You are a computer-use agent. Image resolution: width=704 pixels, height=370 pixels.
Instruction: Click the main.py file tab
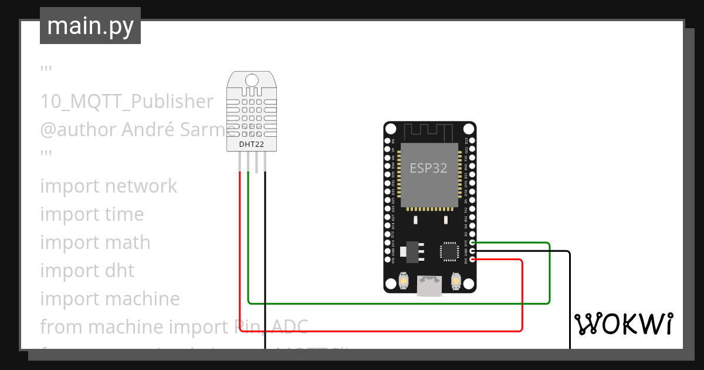point(90,26)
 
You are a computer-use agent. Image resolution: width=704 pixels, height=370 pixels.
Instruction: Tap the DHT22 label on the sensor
point(251,144)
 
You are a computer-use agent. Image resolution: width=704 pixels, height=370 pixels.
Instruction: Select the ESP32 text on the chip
point(428,168)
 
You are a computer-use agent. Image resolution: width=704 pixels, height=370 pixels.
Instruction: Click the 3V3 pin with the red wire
point(472,260)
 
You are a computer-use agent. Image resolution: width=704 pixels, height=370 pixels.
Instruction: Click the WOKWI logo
point(623,324)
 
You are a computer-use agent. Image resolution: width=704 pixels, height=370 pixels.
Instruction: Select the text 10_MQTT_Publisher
point(127,102)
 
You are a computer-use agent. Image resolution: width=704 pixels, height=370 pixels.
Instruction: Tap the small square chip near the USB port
point(449,251)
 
